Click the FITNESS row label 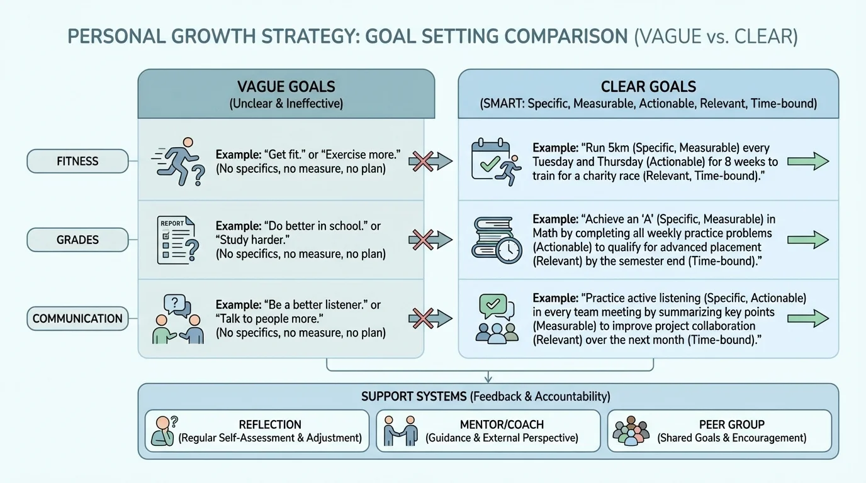pos(77,161)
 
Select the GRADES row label pos(77,240)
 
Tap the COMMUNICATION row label pos(77,318)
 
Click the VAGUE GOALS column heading pos(286,87)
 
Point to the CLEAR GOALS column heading pos(648,87)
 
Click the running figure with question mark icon pos(179,162)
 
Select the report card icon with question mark pos(177,240)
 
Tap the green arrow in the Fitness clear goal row pos(808,162)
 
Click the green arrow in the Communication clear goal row pos(808,318)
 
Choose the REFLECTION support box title pos(270,425)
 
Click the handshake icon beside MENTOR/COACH pos(402,431)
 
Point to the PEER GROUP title pos(731,425)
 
